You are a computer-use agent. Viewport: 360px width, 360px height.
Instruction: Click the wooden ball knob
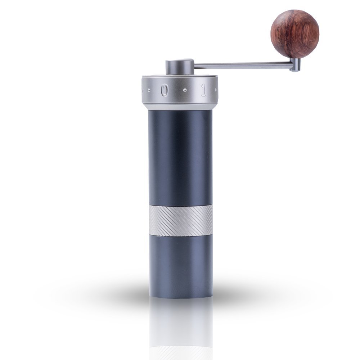[295, 33]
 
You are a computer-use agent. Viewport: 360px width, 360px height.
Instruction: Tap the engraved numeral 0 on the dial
[165, 90]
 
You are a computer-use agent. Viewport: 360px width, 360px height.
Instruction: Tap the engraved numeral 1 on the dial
[203, 90]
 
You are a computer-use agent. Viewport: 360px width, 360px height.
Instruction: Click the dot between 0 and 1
[185, 90]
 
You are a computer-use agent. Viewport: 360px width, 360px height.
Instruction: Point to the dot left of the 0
[149, 90]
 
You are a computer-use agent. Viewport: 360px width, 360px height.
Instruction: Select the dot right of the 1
[215, 89]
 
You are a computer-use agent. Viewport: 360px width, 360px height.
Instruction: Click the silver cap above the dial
[180, 68]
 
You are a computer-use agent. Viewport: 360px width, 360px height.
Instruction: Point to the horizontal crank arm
[243, 65]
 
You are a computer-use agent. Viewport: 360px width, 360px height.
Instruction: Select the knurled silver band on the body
[180, 220]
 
